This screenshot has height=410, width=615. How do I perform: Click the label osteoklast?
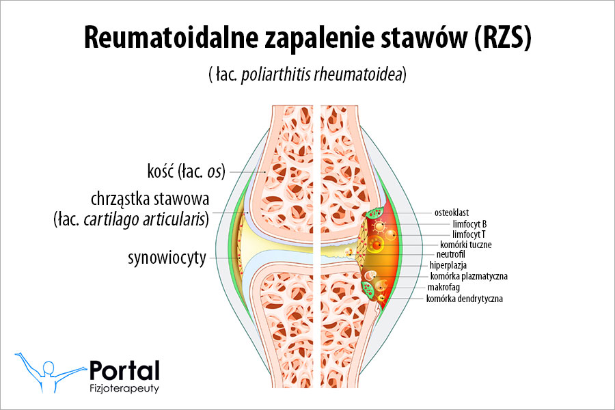point(455,213)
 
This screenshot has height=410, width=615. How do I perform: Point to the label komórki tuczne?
point(466,244)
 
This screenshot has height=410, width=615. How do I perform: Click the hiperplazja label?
point(451,265)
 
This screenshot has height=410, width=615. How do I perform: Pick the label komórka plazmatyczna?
point(469,276)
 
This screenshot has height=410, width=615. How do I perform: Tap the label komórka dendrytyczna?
point(464,299)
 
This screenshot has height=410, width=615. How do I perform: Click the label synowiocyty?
point(167,258)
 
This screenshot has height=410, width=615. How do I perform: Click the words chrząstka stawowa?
point(150,200)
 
